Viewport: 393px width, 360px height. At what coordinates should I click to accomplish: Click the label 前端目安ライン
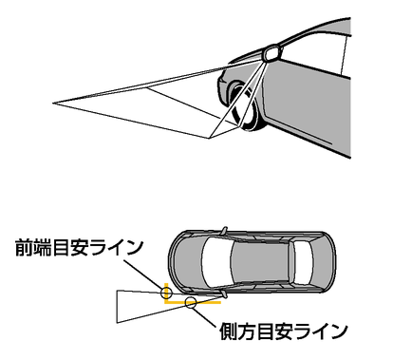point(80,247)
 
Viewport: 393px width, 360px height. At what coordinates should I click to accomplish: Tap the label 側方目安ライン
point(284,332)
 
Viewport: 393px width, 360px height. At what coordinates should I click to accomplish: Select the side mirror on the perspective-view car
point(271,52)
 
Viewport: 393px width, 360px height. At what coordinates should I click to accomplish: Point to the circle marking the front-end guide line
point(166,293)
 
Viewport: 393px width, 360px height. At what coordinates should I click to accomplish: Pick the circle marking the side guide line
point(191,302)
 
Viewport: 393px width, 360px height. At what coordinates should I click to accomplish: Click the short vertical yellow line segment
point(165,292)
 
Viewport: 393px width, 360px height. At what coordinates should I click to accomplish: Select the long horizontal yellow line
point(193,303)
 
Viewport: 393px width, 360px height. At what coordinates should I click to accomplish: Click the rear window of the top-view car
point(303,262)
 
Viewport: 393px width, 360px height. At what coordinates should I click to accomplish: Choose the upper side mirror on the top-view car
point(224,230)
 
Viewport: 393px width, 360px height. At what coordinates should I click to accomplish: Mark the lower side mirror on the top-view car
point(224,294)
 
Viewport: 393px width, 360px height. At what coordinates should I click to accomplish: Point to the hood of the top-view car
point(187,261)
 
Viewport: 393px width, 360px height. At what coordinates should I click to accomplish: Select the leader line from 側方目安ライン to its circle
point(204,316)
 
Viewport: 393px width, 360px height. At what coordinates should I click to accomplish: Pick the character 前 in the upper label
point(24,247)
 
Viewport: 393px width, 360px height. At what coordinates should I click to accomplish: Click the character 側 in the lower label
point(229,332)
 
